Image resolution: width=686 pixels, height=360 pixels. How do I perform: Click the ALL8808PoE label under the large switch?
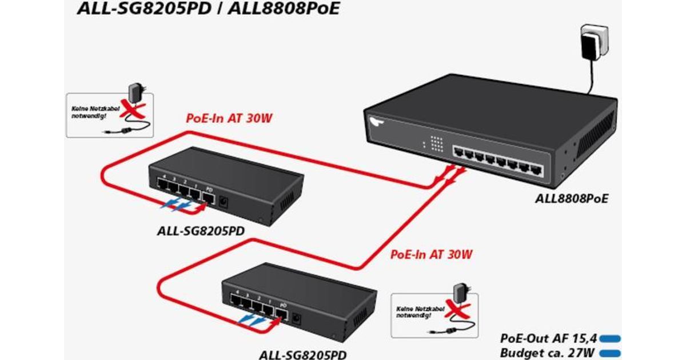tap(571, 199)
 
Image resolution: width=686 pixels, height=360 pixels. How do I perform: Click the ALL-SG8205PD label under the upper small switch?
tap(201, 232)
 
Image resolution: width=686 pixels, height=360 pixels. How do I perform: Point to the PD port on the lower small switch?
tap(281, 314)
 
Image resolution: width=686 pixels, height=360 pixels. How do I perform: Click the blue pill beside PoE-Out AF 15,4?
tap(609, 338)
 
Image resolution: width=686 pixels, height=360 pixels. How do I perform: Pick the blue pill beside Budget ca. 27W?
tap(609, 353)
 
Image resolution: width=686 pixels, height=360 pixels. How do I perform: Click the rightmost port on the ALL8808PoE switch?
tap(536, 169)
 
